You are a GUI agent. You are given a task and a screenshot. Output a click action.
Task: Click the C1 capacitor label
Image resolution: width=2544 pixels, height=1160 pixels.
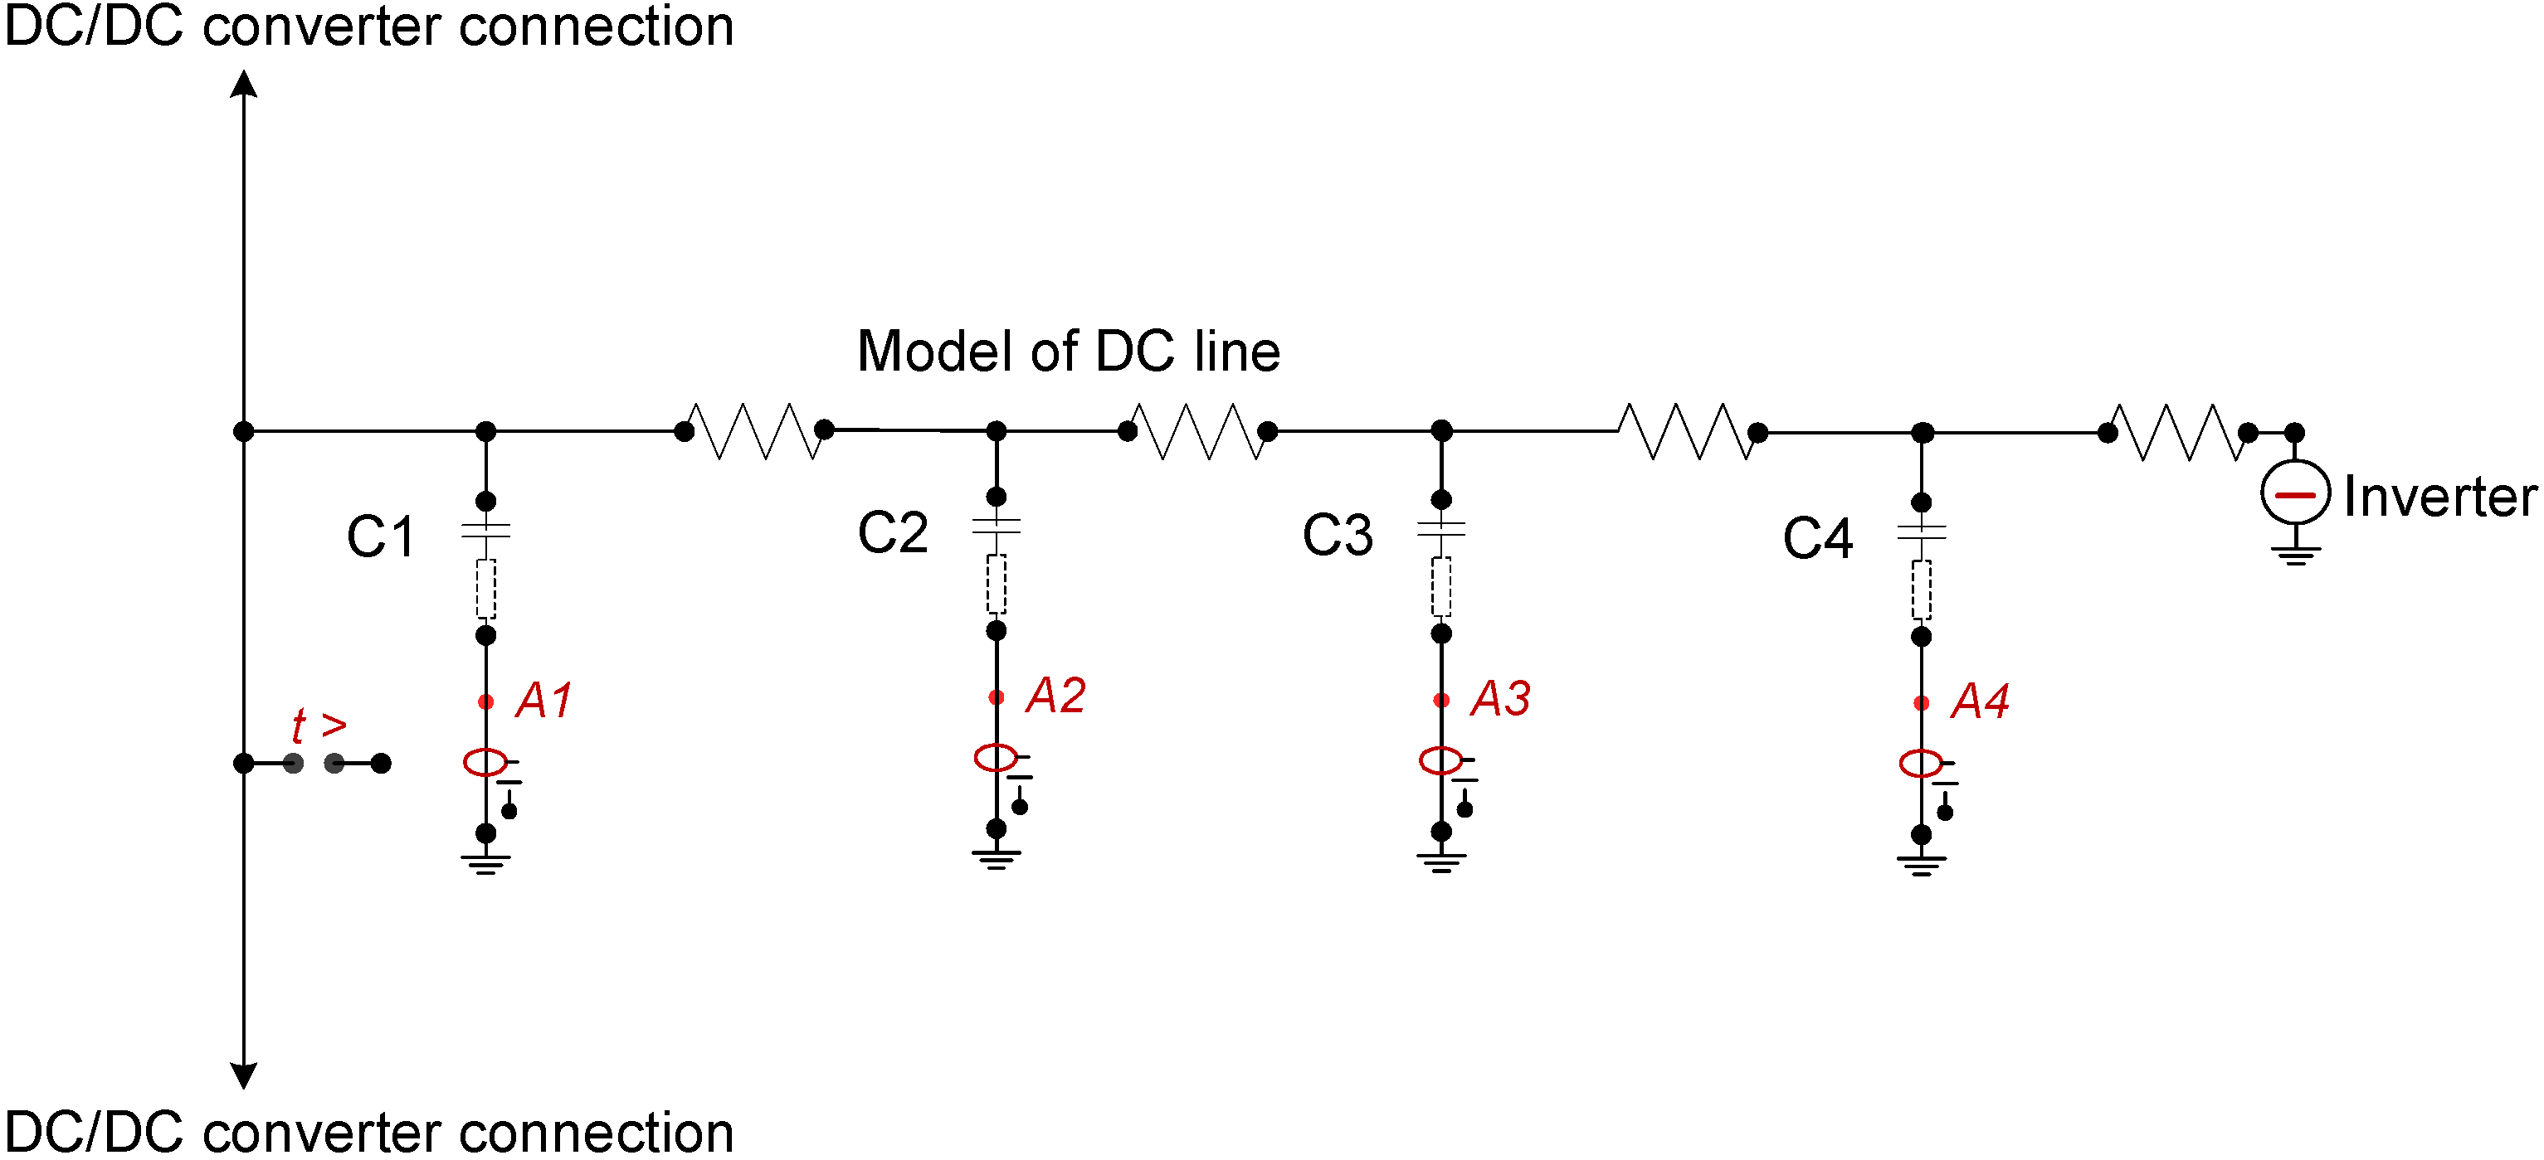[381, 538]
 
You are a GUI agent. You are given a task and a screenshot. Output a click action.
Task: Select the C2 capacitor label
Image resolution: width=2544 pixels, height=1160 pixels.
[893, 533]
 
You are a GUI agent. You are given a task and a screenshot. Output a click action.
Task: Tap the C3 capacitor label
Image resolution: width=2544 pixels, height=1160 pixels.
[1338, 536]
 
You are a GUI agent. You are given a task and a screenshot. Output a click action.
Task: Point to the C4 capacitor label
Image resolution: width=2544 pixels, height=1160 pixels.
[1817, 539]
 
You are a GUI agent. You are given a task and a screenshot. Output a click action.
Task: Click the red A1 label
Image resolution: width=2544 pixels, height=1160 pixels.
[544, 701]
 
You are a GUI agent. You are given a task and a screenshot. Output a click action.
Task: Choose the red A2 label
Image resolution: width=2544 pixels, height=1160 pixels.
[1055, 696]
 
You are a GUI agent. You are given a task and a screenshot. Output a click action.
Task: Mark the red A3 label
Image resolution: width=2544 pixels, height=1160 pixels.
[1500, 699]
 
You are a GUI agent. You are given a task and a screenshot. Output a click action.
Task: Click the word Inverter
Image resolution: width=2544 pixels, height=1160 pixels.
[2439, 497]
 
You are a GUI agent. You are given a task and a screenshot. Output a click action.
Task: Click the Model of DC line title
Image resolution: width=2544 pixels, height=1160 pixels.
[1069, 352]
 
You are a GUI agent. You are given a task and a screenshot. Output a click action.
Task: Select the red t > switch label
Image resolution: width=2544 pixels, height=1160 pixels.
[318, 726]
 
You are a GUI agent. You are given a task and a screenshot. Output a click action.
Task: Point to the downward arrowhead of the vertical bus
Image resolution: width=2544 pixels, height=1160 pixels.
[244, 1074]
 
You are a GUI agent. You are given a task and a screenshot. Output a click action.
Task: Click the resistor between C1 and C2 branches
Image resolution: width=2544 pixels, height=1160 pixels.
[754, 431]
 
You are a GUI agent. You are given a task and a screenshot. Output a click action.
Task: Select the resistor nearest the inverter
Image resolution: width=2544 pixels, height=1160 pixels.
[2177, 432]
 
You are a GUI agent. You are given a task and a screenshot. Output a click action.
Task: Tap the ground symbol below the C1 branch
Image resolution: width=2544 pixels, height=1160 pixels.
[485, 864]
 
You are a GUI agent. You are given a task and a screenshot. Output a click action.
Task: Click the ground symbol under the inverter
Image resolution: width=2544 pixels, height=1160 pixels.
[2295, 554]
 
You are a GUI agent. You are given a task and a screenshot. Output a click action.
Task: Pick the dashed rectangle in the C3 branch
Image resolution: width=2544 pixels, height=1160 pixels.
[1441, 587]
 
